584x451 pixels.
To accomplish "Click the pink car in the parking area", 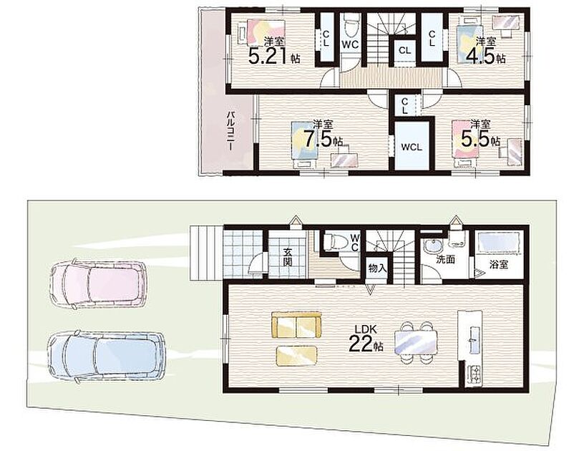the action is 98,283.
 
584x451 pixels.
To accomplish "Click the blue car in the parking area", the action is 106,356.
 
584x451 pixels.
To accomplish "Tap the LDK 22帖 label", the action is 366,338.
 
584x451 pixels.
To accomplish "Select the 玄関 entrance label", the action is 287,256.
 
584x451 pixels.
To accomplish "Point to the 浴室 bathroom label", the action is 499,265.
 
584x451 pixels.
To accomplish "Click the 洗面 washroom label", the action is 445,259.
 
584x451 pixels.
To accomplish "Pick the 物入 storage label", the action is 377,268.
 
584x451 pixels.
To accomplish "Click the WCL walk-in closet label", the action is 412,147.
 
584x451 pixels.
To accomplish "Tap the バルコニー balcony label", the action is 230,130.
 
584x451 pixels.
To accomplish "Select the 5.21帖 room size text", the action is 274,57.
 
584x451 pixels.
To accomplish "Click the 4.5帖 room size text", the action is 486,57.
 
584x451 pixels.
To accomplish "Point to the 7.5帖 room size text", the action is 323,140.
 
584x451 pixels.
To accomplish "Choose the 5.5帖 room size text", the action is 480,139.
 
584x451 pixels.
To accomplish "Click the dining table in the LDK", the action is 415,343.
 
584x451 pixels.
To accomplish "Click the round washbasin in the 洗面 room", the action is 432,246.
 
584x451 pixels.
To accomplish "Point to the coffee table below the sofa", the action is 297,355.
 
